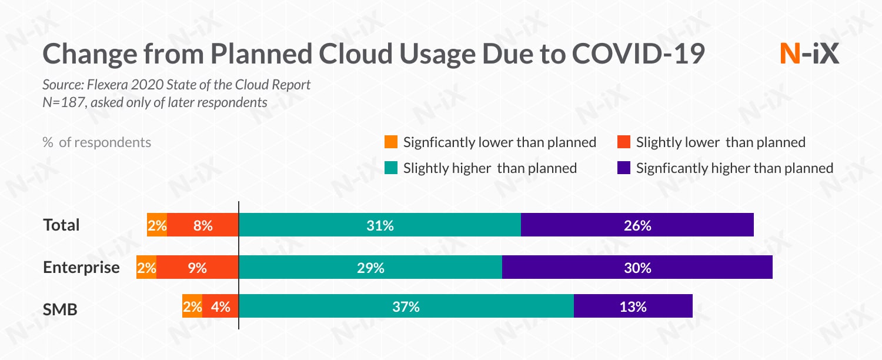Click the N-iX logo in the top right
[x=809, y=54]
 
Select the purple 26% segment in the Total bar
[x=637, y=225]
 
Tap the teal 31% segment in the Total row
[x=379, y=225]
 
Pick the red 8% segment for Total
[x=203, y=225]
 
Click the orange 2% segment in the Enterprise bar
[x=146, y=268]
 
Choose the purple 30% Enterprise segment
[x=637, y=268]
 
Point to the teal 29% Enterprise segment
[x=370, y=268]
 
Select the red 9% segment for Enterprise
[x=198, y=268]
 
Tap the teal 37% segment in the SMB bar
[x=406, y=306]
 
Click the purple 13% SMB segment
[x=633, y=306]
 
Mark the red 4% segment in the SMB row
[x=220, y=306]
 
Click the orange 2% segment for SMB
[x=192, y=306]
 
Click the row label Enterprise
[x=81, y=268]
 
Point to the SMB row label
[x=60, y=309]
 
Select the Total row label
[x=61, y=225]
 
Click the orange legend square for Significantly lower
[x=390, y=142]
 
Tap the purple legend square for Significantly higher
[x=624, y=168]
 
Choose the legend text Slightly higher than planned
[x=490, y=168]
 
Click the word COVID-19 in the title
[x=639, y=54]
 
